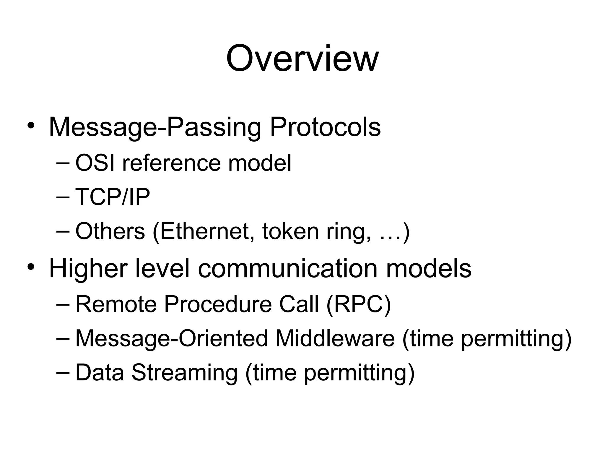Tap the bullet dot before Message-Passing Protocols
31,126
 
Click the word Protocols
325,127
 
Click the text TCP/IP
113,197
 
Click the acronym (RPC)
359,304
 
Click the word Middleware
335,338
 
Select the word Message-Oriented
171,338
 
